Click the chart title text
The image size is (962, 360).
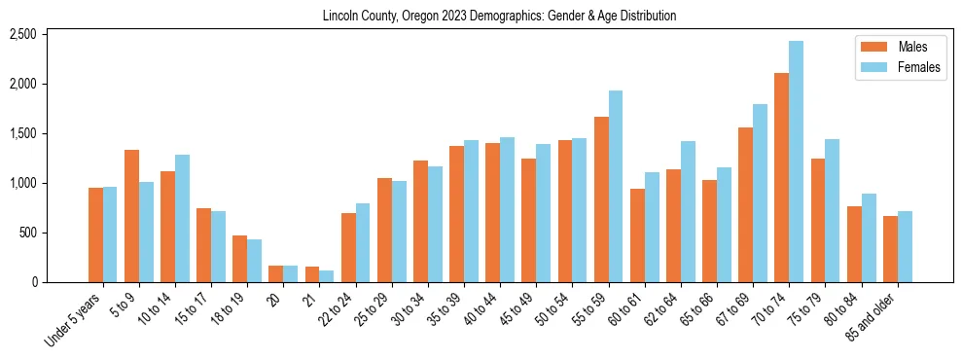(x=499, y=17)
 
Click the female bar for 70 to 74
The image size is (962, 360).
(x=796, y=162)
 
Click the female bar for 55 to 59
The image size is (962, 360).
(x=615, y=186)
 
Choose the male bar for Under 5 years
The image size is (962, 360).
(x=95, y=234)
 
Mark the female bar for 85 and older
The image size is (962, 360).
(x=905, y=246)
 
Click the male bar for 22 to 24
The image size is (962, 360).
(x=348, y=247)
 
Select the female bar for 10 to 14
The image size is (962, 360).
(x=182, y=218)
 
